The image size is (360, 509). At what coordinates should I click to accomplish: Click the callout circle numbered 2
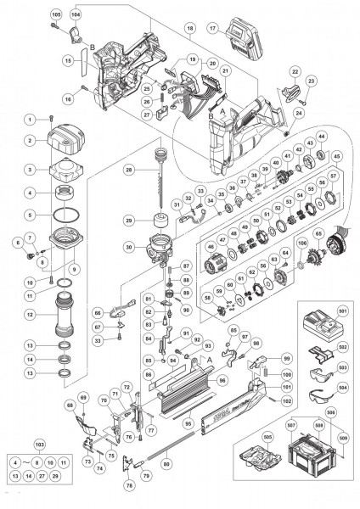pos(29,140)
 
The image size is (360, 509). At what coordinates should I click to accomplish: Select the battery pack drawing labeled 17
pos(240,40)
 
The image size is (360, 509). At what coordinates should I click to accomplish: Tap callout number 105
pos(56,15)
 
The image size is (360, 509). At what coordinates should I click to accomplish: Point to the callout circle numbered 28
pos(130,171)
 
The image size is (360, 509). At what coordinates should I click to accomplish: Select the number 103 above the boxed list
pos(38,445)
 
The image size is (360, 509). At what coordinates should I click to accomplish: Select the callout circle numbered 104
pos(76,15)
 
